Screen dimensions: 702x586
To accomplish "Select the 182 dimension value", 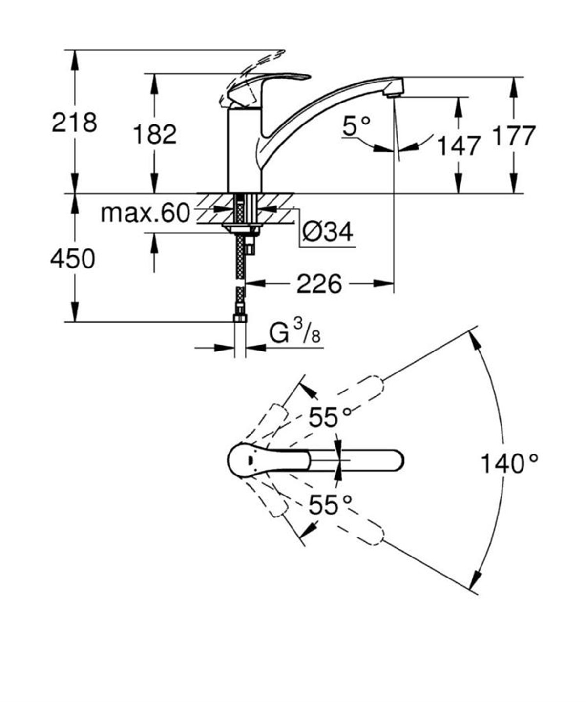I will [154, 134].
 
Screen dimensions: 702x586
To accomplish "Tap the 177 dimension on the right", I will [513, 135].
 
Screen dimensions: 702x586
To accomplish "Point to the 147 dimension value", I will [458, 145].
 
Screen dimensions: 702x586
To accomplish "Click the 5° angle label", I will [356, 126].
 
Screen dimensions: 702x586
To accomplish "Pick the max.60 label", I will [145, 213].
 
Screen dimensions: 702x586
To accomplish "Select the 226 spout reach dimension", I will [320, 284].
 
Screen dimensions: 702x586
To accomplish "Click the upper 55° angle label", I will [330, 417].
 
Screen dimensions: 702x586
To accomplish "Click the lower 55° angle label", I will [330, 505].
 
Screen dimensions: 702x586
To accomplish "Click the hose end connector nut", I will [240, 318].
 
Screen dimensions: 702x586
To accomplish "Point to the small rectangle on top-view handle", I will [250, 460].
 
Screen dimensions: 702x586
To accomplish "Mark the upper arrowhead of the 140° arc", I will [472, 338].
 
